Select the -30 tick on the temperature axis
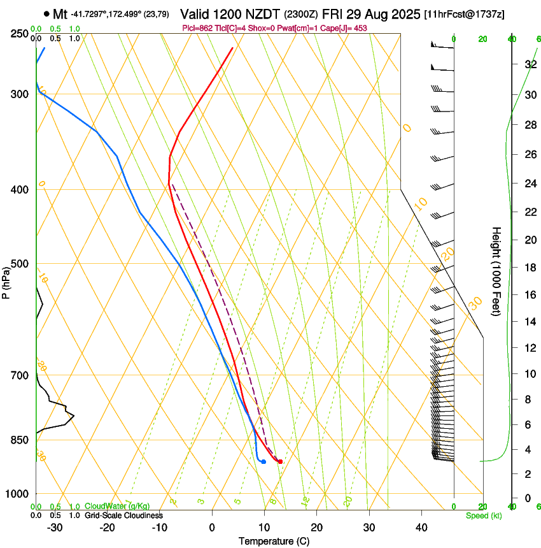pyautogui.click(x=55, y=527)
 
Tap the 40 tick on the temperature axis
pyautogui.click(x=421, y=527)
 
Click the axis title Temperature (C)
pyautogui.click(x=274, y=541)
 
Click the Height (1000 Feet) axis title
pyautogui.click(x=496, y=271)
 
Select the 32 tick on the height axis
pyautogui.click(x=529, y=64)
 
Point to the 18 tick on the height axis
pyautogui.click(x=529, y=267)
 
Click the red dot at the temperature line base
pyautogui.click(x=280, y=461)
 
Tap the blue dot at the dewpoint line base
pyautogui.click(x=263, y=461)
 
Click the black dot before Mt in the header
pyautogui.click(x=46, y=14)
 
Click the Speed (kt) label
pyautogui.click(x=483, y=516)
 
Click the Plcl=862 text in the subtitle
pyautogui.click(x=197, y=29)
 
